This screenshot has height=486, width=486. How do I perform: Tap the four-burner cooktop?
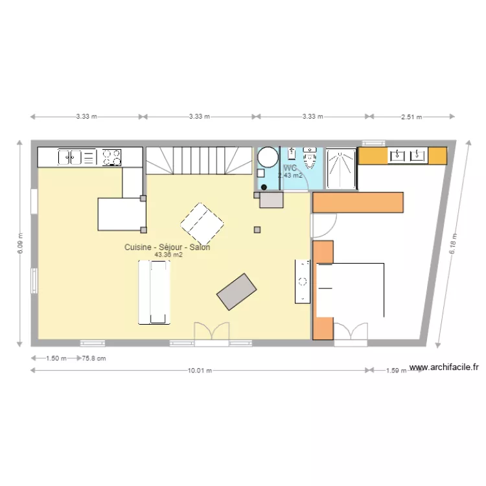pos(111,157)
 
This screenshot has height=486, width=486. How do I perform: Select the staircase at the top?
pos(198,160)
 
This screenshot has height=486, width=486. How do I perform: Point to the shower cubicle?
pos(341,170)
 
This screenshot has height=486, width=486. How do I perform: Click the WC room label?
pos(290,168)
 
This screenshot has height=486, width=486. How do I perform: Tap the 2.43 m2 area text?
pos(290,176)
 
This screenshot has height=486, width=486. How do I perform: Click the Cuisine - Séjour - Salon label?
pos(167,248)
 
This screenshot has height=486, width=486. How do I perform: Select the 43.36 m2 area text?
pos(168,255)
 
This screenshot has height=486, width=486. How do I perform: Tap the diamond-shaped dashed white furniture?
pos(202,223)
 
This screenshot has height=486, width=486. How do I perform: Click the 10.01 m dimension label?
pos(200,371)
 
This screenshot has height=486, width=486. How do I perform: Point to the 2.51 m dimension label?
pos(411,117)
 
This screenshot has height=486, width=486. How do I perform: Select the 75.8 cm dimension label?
pos(93,358)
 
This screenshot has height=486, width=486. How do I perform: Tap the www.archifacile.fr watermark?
pos(444,367)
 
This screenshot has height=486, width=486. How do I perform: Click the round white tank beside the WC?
pos(267,157)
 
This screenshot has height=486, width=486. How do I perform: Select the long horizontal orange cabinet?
pos(358,202)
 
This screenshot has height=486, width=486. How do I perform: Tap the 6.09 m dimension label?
pos(20,244)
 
